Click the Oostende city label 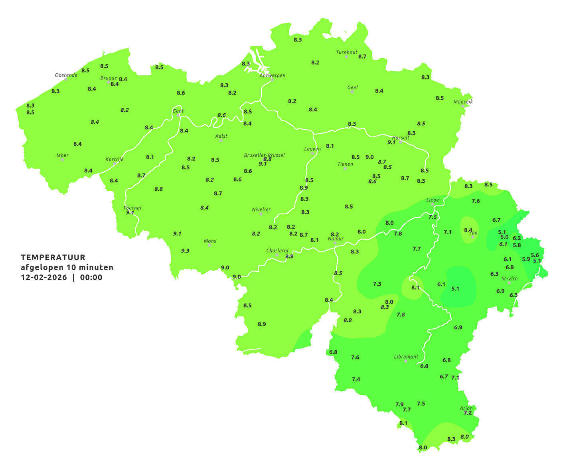click(x=66, y=75)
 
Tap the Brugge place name click(x=109, y=78)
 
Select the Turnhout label click(x=347, y=52)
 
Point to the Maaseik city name click(x=463, y=102)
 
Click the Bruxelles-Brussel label click(x=264, y=155)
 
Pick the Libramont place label click(x=406, y=357)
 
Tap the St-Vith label click(x=509, y=278)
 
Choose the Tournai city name click(x=132, y=207)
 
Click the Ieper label click(x=62, y=155)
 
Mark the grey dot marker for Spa click(x=473, y=237)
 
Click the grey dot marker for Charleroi click(x=277, y=255)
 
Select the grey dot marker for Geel click(x=352, y=92)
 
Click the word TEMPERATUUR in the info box click(x=53, y=257)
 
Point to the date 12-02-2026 click(x=44, y=277)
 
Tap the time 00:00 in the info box click(x=91, y=277)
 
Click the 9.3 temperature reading click(x=185, y=251)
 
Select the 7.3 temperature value click(x=377, y=284)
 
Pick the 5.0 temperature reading click(x=504, y=237)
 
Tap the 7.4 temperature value click(x=356, y=379)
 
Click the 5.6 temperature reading click(x=535, y=255)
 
